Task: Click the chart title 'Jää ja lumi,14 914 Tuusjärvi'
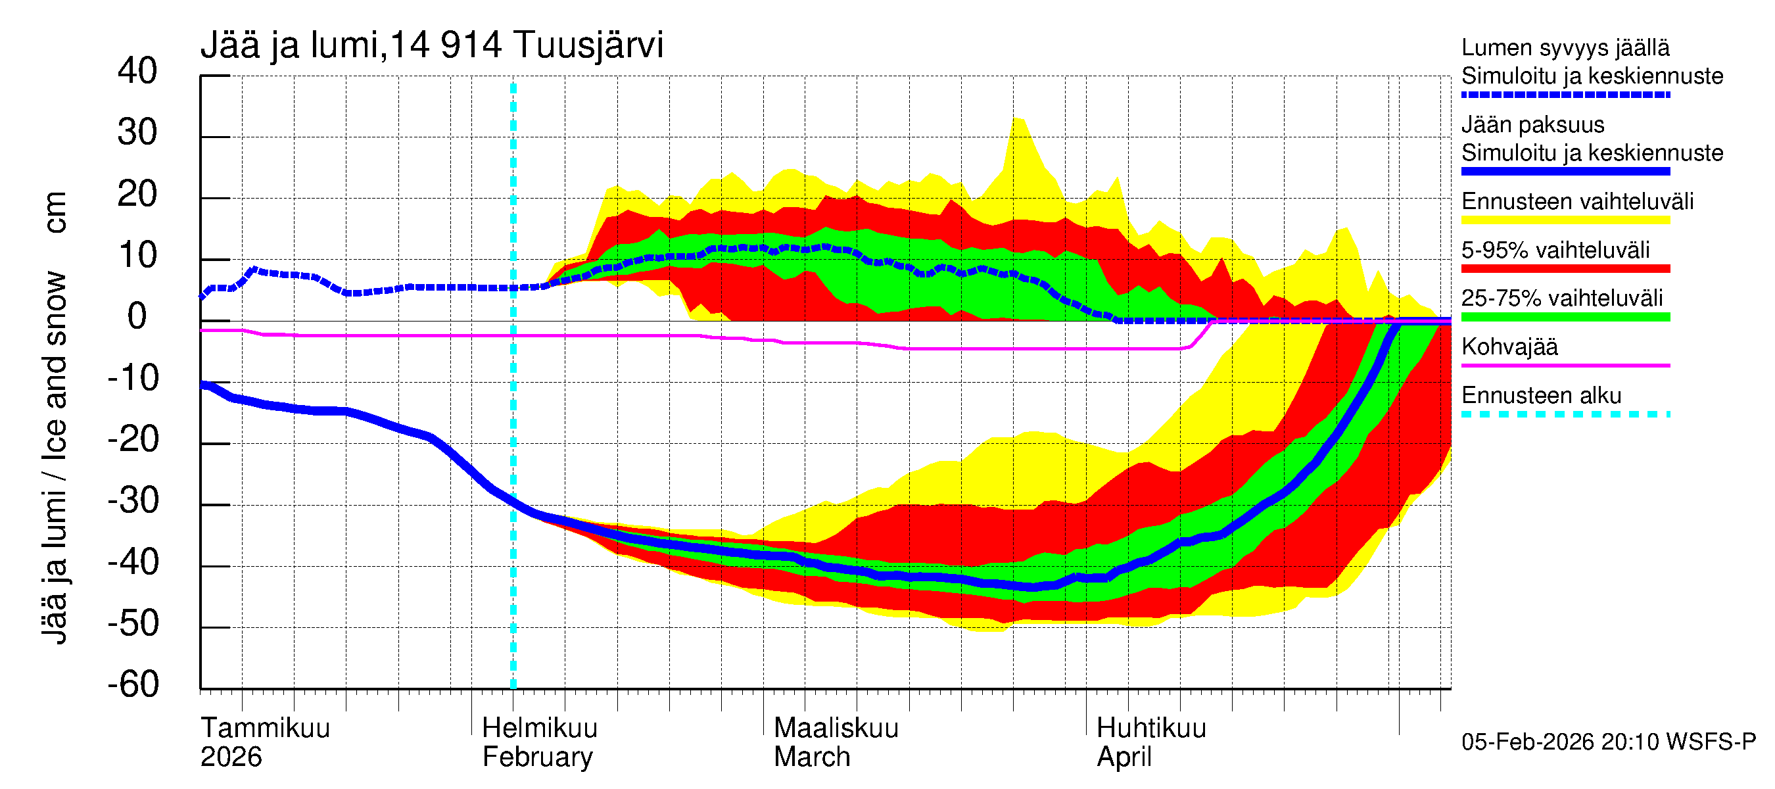[x=431, y=45]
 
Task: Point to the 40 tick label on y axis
[x=137, y=71]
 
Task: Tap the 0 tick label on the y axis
[x=137, y=316]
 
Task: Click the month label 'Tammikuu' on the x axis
[x=266, y=728]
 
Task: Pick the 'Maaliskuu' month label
[x=836, y=728]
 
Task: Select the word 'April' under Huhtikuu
[x=1124, y=757]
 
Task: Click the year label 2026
[x=231, y=757]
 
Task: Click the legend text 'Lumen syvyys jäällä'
[x=1565, y=47]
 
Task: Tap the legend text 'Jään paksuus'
[x=1532, y=125]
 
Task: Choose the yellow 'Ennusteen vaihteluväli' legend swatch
[x=1565, y=220]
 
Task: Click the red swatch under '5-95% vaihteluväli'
[x=1565, y=269]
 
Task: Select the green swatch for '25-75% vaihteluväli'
[x=1565, y=317]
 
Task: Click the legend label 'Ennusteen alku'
[x=1541, y=396]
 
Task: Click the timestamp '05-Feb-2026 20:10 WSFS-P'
[x=1608, y=742]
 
